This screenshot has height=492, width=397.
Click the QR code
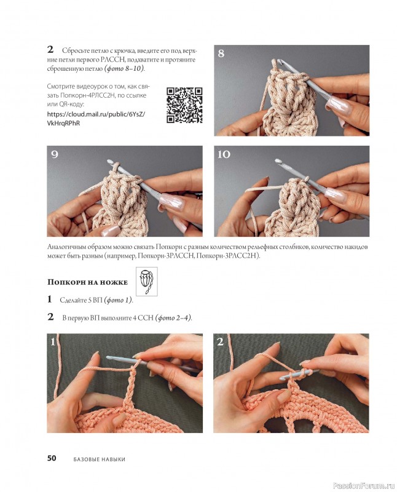tap(184, 105)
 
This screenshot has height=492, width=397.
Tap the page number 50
tap(52, 458)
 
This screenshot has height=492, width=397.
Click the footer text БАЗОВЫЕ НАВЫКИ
tap(100, 459)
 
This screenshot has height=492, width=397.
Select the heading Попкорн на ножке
tap(87, 282)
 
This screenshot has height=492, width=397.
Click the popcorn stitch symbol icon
tap(147, 282)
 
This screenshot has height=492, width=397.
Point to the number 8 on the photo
tap(221, 54)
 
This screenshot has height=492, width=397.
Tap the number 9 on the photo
tap(55, 154)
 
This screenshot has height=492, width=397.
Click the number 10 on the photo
tap(224, 154)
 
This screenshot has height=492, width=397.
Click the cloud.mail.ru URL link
tap(96, 119)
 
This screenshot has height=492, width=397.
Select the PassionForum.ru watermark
tap(364, 486)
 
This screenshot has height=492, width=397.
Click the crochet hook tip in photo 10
tap(278, 161)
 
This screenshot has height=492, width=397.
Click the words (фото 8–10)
tap(125, 68)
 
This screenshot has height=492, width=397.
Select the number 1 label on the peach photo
tap(53, 341)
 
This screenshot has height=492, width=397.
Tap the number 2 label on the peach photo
tap(220, 341)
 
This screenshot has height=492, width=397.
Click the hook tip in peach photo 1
tap(109, 357)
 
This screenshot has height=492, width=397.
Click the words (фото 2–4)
tap(174, 317)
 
